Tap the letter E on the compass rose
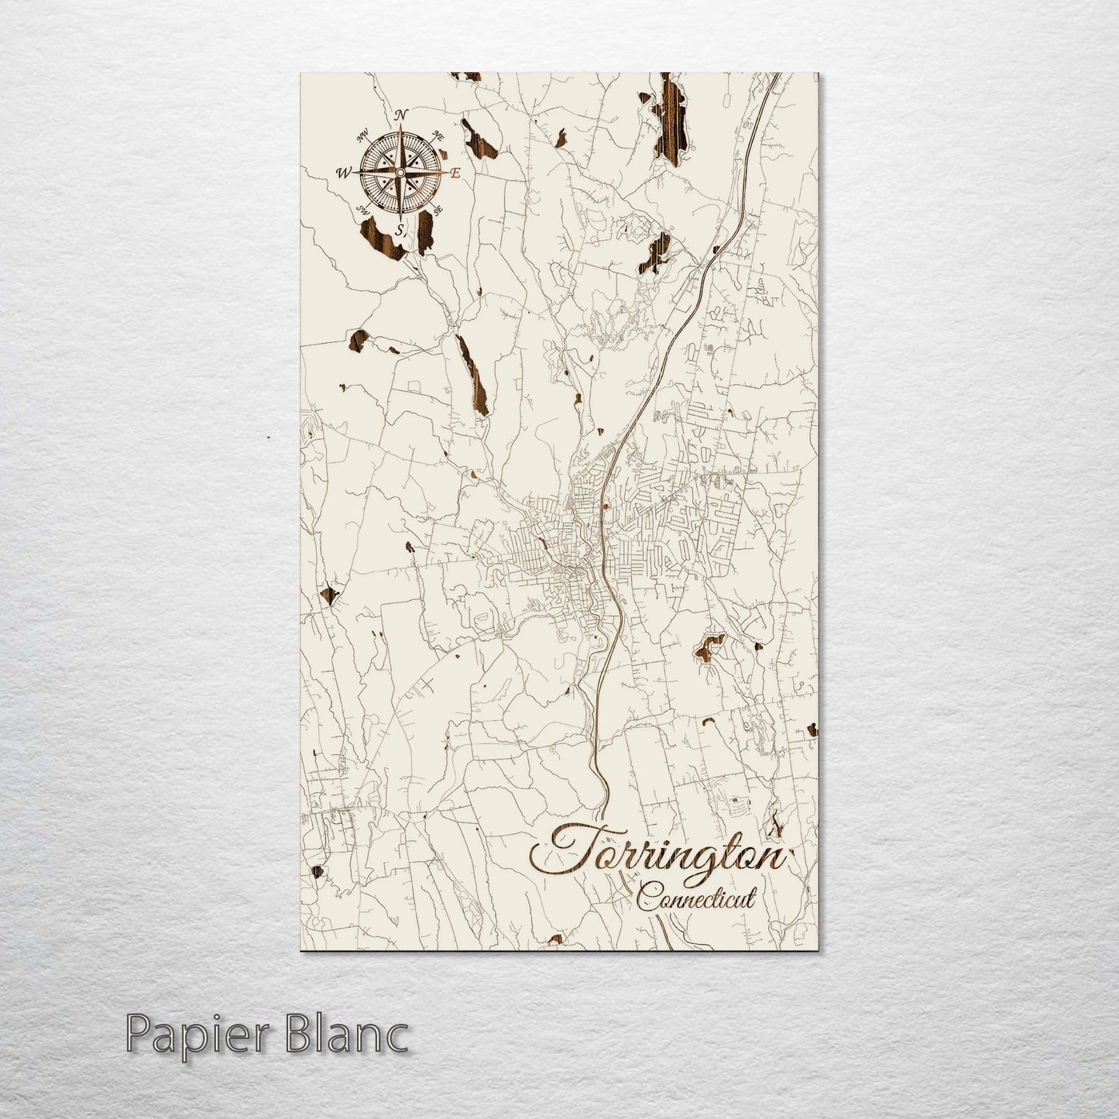pos(455,173)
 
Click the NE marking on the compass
pos(438,136)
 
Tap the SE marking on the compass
pos(438,209)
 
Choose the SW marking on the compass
pos(361,210)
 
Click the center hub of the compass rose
pos(400,172)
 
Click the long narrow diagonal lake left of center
pos(472,376)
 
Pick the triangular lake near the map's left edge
pos(329,595)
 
